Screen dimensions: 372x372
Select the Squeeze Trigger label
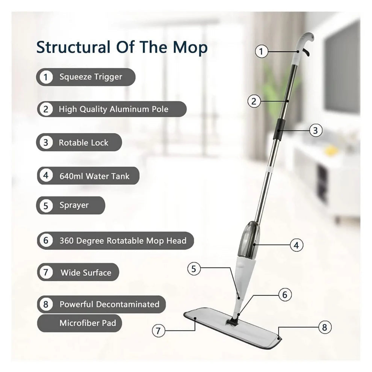pos(91,77)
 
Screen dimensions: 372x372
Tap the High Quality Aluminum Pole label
pos(113,109)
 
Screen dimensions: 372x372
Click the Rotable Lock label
pos(83,143)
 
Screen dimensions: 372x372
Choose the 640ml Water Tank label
pos(94,176)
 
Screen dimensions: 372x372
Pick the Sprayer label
pos(74,205)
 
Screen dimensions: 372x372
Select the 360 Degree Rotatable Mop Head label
pos(122,240)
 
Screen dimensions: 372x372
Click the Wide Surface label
pos(86,272)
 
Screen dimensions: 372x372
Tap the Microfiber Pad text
pos(88,323)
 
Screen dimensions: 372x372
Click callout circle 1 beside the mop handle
pos(262,51)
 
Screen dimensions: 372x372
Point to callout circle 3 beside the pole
pos(315,130)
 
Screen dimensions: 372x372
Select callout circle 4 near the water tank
pos(296,245)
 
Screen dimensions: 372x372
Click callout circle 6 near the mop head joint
pos(284,295)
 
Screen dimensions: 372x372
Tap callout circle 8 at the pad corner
pos(325,327)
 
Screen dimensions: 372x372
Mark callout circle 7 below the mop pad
pos(159,331)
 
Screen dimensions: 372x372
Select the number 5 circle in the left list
pos(46,206)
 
